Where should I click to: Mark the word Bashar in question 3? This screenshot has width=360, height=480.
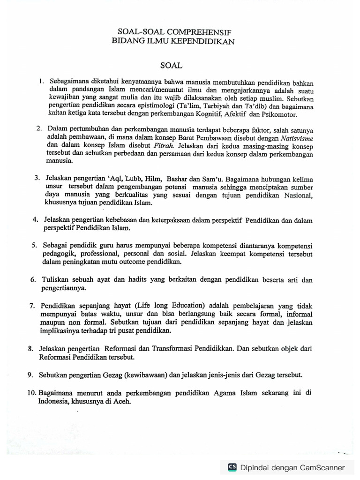(183, 179)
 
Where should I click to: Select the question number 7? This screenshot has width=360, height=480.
(31, 305)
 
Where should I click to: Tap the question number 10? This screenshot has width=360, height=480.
(32, 393)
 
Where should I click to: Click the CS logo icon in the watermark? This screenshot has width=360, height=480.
(232, 467)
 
